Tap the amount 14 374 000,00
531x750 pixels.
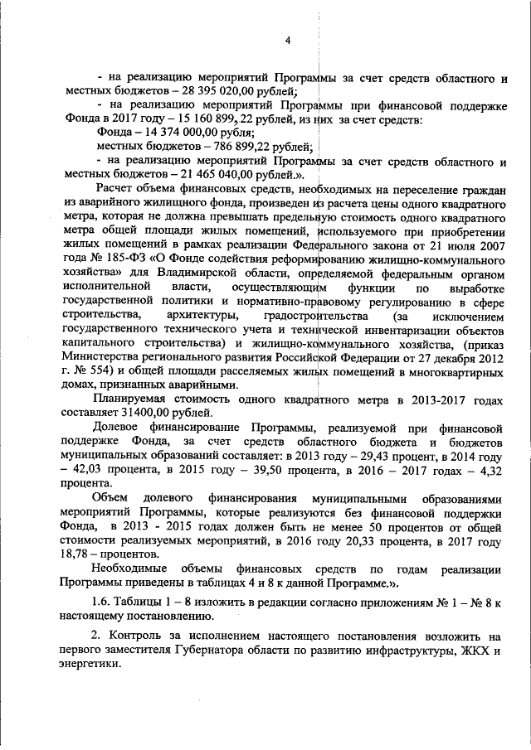tap(177, 132)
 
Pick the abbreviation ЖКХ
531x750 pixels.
tap(473, 650)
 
